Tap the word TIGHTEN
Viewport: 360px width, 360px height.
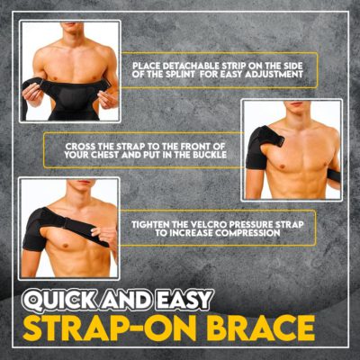point(157,222)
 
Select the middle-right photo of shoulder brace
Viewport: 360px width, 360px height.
point(292,148)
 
